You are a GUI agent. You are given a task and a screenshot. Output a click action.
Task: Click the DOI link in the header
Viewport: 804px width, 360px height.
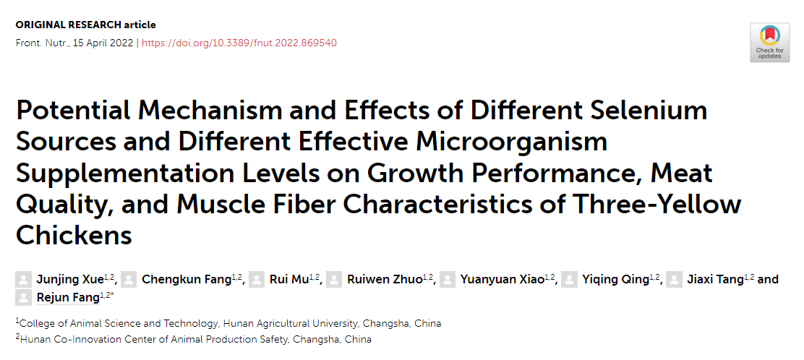point(239,43)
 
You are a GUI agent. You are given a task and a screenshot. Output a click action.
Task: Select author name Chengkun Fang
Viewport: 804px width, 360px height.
point(186,280)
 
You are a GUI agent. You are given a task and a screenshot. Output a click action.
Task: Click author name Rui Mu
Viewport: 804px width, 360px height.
point(288,280)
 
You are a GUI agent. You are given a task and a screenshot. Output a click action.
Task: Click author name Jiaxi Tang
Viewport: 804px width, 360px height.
point(715,280)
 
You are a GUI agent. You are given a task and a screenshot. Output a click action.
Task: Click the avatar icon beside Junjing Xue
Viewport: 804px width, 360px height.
point(24,280)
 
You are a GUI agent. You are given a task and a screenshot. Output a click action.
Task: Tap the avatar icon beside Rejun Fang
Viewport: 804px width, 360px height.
point(24,297)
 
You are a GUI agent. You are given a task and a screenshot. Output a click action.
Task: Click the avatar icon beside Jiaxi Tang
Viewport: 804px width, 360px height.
point(674,280)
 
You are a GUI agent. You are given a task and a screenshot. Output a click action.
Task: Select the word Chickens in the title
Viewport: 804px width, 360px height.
point(74,236)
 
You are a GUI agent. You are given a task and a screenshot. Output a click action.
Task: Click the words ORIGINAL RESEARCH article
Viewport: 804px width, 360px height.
point(85,25)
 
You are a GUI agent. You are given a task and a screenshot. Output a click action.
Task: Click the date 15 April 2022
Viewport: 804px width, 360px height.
point(103,43)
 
